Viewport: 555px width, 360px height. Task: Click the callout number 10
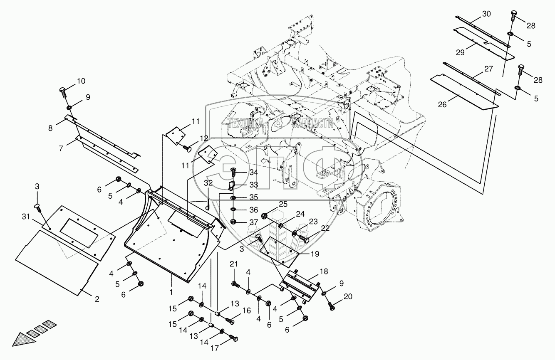coord(80,80)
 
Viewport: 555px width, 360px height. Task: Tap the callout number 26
coord(442,105)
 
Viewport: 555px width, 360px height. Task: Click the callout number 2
coord(97,299)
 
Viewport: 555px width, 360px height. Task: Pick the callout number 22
coord(325,228)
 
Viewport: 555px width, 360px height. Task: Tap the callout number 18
coord(324,271)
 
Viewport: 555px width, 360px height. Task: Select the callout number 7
coord(61,148)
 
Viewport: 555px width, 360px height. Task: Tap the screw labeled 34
coord(233,170)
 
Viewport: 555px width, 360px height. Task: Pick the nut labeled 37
coord(233,220)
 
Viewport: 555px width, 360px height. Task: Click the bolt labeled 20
coord(332,307)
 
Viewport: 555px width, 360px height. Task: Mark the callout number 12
coord(203,138)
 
